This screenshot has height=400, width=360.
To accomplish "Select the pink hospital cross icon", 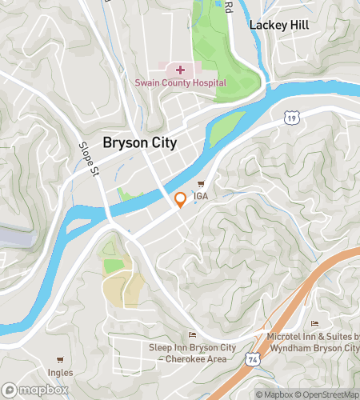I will tap(180, 70).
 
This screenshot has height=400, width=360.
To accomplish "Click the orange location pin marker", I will tap(181, 200).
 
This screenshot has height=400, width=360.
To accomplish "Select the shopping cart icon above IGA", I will tap(212, 184).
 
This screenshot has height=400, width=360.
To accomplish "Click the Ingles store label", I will tap(59, 372).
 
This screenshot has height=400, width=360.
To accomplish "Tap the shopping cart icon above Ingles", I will tap(59, 361).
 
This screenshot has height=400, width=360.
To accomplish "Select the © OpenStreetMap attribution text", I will tap(328, 394).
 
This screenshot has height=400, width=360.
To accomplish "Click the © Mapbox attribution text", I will tap(274, 394).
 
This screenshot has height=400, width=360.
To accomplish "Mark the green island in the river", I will tap(230, 124).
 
